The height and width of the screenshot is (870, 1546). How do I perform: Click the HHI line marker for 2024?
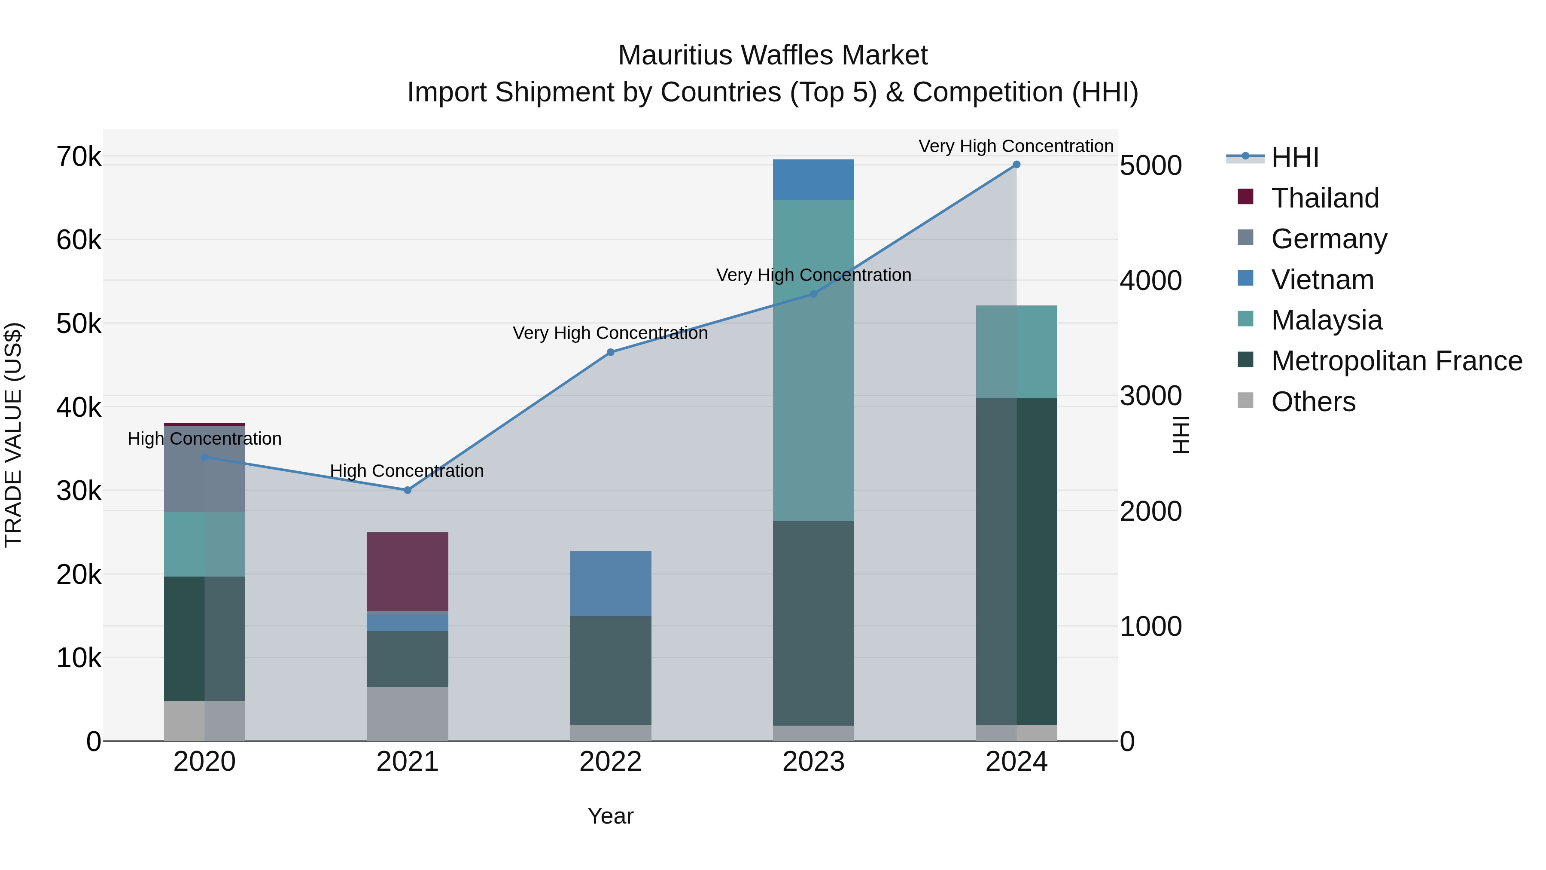click(x=1016, y=165)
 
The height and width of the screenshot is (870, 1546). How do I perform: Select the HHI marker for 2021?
click(x=408, y=490)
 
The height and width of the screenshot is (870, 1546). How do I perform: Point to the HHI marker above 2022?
click(x=610, y=352)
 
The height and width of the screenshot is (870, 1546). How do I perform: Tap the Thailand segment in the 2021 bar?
click(x=408, y=571)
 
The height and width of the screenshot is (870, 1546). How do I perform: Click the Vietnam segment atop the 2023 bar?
click(x=813, y=180)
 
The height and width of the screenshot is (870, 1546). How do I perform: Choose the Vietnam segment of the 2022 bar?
click(x=610, y=583)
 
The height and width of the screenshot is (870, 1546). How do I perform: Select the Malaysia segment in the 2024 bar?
click(x=1016, y=352)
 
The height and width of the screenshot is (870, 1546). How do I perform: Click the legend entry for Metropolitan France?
click(x=1396, y=361)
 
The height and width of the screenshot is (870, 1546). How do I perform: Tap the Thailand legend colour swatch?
click(x=1245, y=197)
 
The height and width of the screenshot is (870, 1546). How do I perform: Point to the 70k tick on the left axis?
click(x=79, y=157)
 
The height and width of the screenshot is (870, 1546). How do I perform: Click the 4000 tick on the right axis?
click(x=1150, y=281)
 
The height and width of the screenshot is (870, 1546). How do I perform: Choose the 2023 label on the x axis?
click(x=813, y=762)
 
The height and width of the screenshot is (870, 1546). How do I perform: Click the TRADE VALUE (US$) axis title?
click(x=13, y=435)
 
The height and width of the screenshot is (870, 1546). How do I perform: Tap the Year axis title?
click(x=610, y=816)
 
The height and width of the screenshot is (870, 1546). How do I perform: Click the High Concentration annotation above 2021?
click(x=407, y=471)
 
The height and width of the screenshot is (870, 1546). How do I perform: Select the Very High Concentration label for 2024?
click(x=1016, y=146)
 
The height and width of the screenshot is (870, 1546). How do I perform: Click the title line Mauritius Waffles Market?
click(x=773, y=55)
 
